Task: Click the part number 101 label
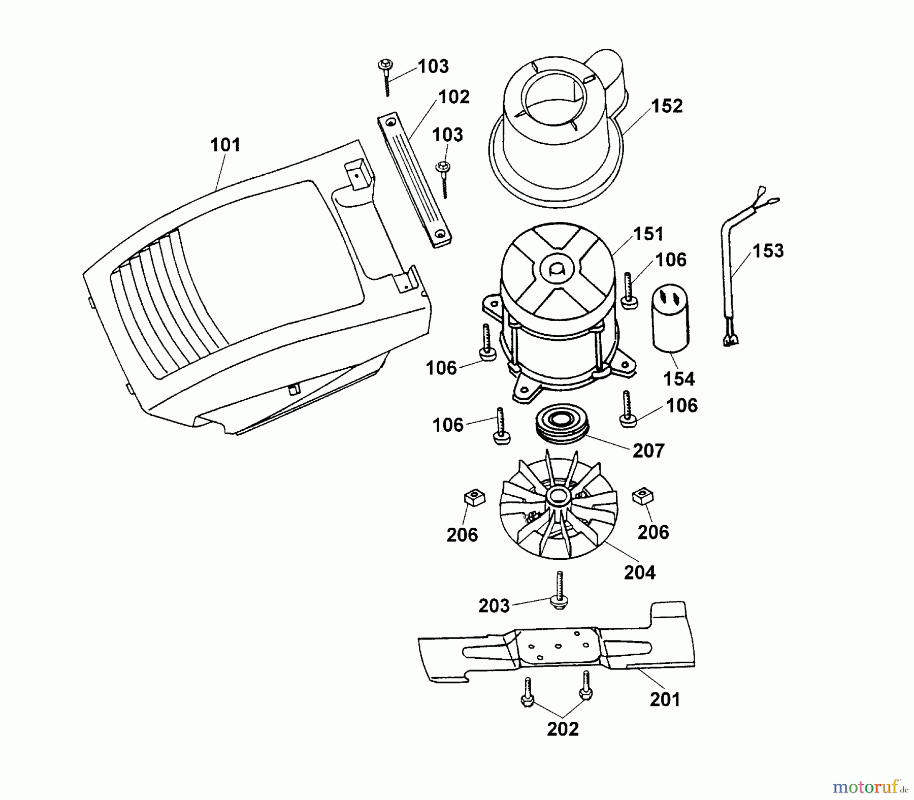(225, 145)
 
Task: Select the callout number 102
(453, 97)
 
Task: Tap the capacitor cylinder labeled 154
(670, 318)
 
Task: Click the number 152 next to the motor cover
(667, 106)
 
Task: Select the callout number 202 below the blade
(562, 729)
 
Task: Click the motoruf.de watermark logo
(870, 787)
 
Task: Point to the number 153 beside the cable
(768, 250)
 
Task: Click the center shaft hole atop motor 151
(557, 268)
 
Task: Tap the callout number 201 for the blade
(665, 699)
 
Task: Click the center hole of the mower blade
(558, 647)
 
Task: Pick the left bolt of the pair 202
(528, 692)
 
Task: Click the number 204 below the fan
(639, 572)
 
